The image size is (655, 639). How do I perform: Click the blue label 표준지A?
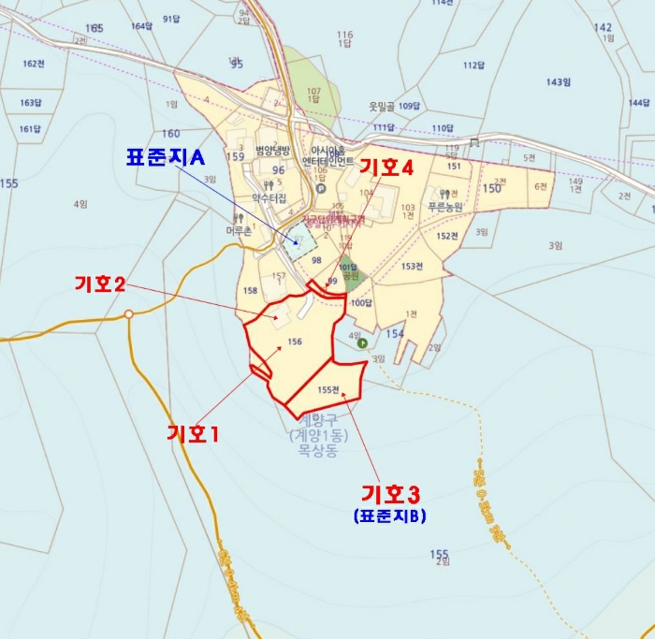tap(165, 157)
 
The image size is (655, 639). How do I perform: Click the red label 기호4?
tap(386, 168)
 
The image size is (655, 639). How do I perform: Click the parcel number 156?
tap(295, 342)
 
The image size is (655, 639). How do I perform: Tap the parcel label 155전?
tap(329, 390)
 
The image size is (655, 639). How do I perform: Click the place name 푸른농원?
tap(446, 205)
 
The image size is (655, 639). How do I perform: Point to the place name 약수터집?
tap(269, 197)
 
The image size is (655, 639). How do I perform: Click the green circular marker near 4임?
tap(362, 342)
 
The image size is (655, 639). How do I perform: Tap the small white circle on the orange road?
tap(129, 314)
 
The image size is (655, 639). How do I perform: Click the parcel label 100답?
tap(361, 302)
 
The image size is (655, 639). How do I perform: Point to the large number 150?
tap(491, 188)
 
